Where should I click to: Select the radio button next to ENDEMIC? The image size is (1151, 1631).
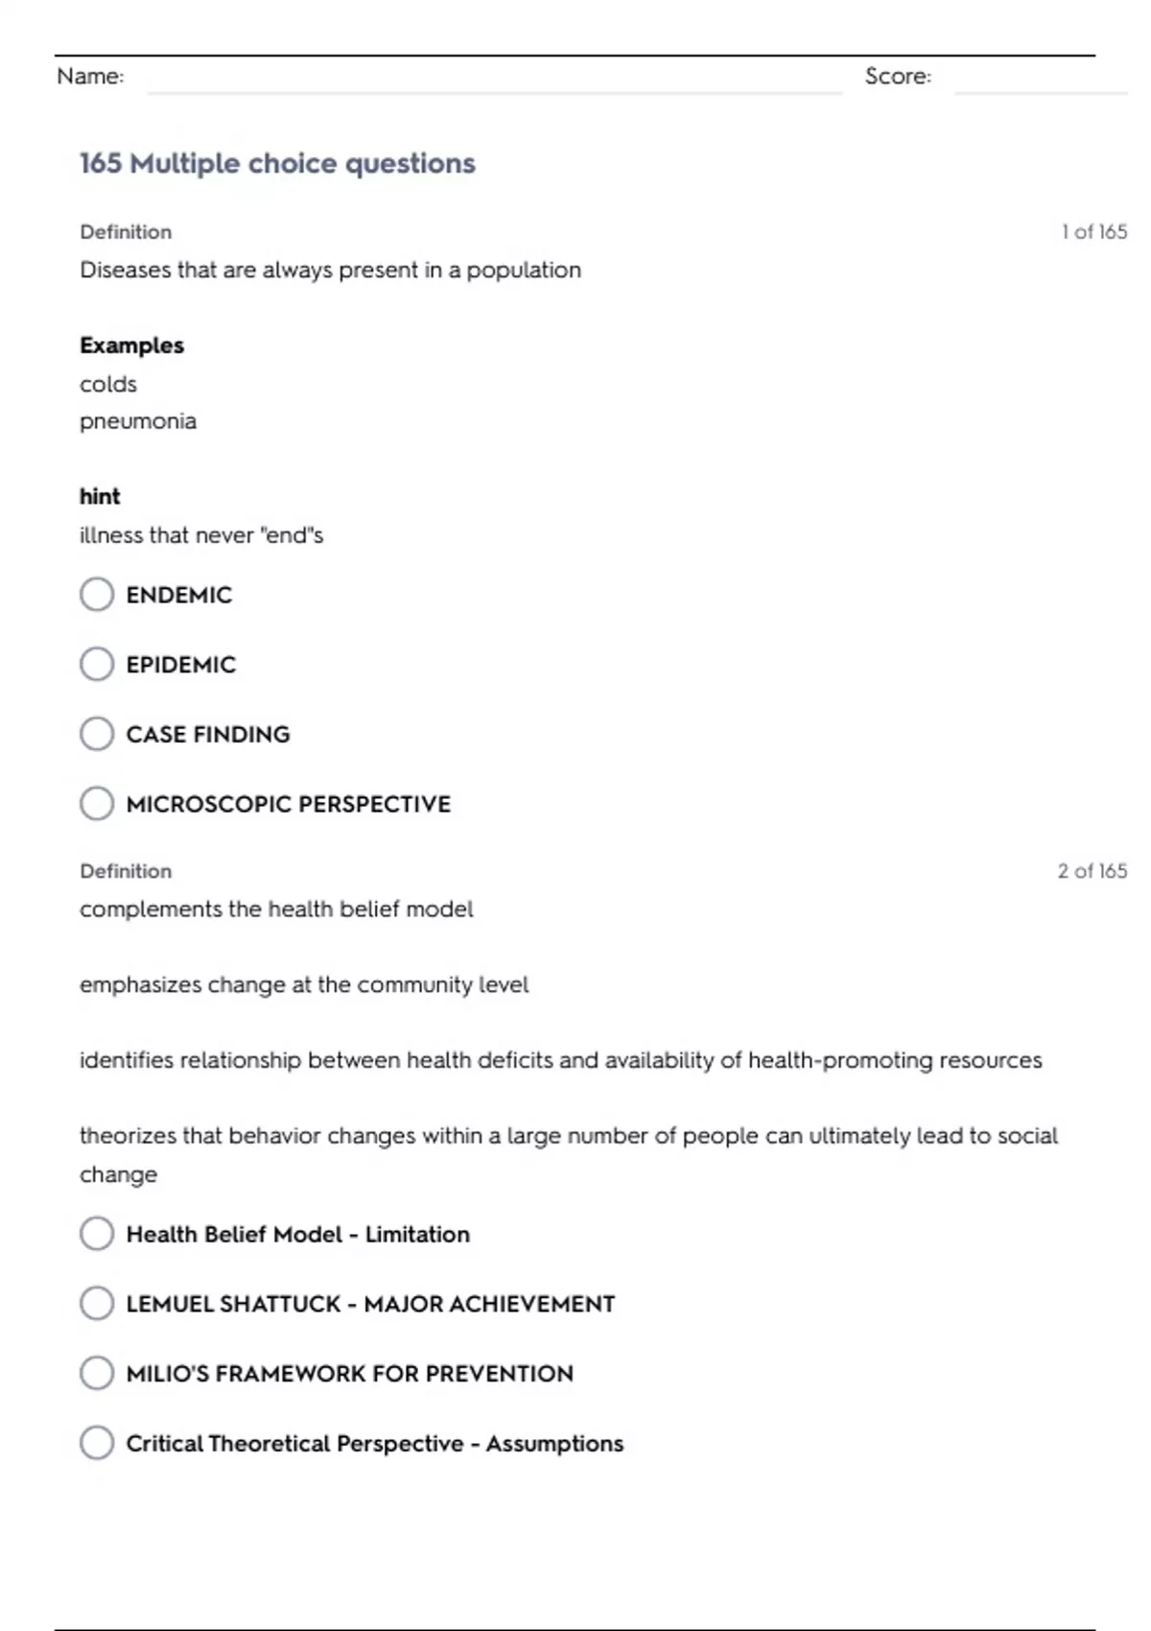97,594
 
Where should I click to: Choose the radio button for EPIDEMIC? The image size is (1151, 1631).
97,664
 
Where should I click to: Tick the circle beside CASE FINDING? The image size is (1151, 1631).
97,734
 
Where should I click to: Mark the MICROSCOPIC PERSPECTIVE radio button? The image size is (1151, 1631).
97,803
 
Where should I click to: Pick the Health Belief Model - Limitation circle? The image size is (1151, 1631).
97,1234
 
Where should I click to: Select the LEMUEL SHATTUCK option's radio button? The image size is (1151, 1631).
97,1303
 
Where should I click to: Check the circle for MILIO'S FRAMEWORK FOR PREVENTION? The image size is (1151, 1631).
97,1373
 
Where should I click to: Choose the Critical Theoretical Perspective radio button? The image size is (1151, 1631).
97,1443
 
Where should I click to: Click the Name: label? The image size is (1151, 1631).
90,76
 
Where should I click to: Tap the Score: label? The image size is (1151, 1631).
898,76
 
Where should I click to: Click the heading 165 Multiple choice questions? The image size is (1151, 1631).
277,163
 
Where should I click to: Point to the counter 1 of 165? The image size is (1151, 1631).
1093,231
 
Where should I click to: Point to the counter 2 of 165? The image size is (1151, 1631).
1092,870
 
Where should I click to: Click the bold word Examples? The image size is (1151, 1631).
131,345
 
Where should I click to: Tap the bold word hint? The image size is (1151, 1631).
100,496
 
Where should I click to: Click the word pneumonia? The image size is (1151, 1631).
138,421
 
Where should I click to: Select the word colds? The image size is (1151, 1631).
108,384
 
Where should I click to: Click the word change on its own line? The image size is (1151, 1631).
118,1174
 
